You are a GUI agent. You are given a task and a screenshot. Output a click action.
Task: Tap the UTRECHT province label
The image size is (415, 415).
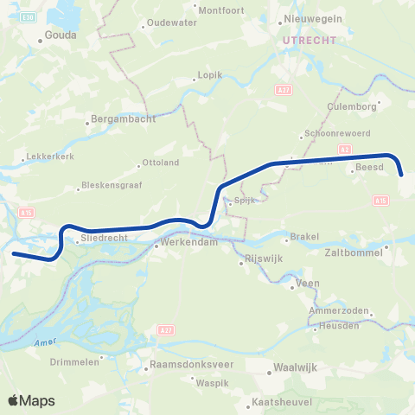click(302, 40)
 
